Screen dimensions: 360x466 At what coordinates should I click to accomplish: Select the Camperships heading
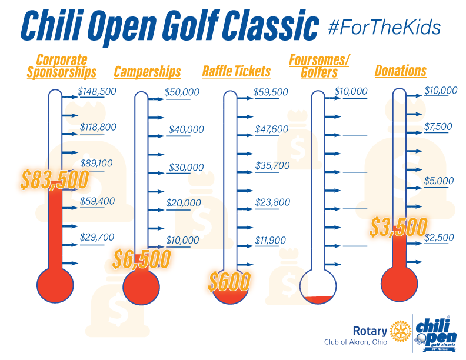(x=147, y=72)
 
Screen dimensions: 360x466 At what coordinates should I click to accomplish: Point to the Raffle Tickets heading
(x=237, y=72)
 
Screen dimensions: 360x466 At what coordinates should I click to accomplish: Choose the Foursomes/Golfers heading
(x=319, y=66)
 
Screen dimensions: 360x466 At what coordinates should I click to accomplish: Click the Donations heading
(x=400, y=71)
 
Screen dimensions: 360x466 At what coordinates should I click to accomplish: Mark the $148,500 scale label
(x=97, y=91)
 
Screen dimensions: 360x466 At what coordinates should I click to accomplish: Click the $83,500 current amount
(x=54, y=179)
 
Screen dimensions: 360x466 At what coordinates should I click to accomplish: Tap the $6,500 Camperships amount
(x=144, y=258)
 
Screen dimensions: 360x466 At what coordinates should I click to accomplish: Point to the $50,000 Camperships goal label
(x=181, y=92)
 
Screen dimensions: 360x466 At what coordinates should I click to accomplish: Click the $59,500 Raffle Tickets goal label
(x=271, y=92)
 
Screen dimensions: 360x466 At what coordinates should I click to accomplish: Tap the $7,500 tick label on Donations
(x=438, y=127)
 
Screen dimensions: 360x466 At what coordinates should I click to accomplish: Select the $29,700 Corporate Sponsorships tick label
(x=97, y=236)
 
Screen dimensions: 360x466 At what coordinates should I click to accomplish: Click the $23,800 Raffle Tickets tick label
(x=272, y=202)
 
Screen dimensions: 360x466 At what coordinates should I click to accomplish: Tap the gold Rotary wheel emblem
(x=402, y=331)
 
